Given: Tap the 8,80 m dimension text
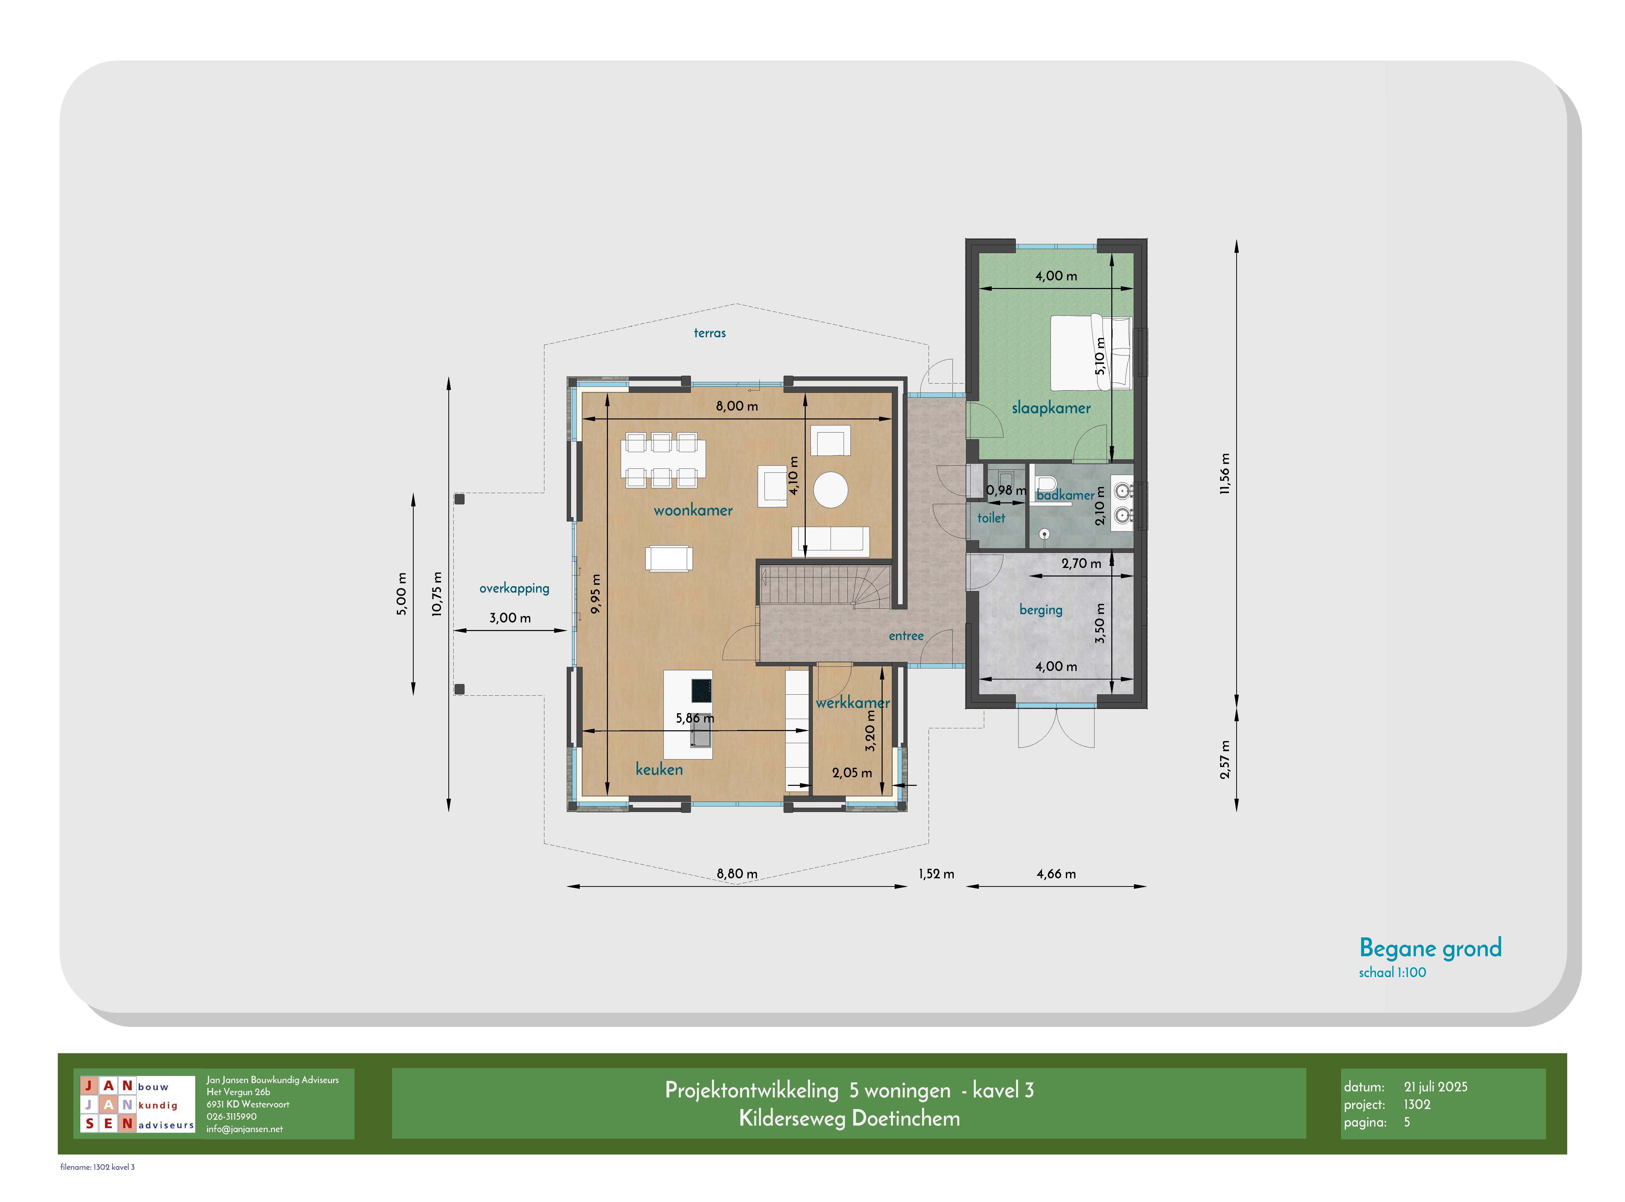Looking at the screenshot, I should [x=736, y=874].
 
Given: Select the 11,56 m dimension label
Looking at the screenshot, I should [x=1225, y=474].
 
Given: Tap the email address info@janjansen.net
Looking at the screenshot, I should [x=245, y=1129].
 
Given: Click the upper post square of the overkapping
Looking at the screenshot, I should [x=459, y=499].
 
